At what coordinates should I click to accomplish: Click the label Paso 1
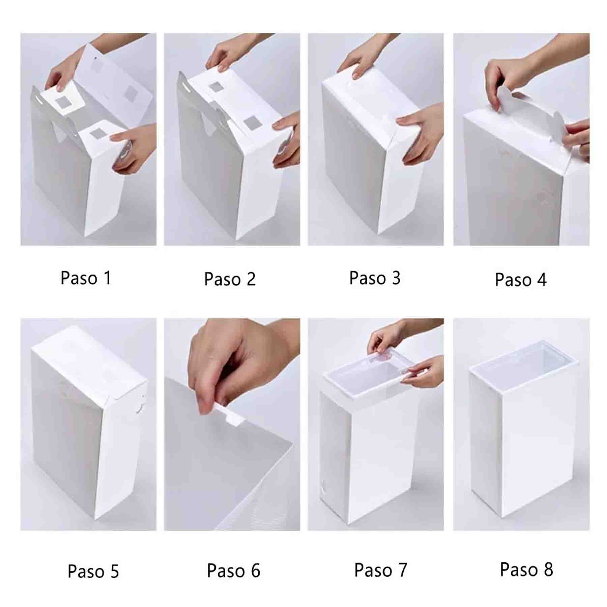(x=86, y=278)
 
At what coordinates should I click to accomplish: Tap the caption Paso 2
(x=230, y=279)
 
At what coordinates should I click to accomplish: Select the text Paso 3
(x=375, y=278)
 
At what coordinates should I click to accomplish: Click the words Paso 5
(x=93, y=571)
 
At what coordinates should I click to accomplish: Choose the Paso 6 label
(x=233, y=571)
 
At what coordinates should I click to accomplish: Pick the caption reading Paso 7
(x=381, y=570)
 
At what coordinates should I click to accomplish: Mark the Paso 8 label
(x=526, y=570)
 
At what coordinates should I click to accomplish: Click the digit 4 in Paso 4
(x=542, y=280)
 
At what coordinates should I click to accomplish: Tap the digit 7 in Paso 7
(x=402, y=570)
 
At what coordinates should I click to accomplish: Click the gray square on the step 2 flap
(x=216, y=87)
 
